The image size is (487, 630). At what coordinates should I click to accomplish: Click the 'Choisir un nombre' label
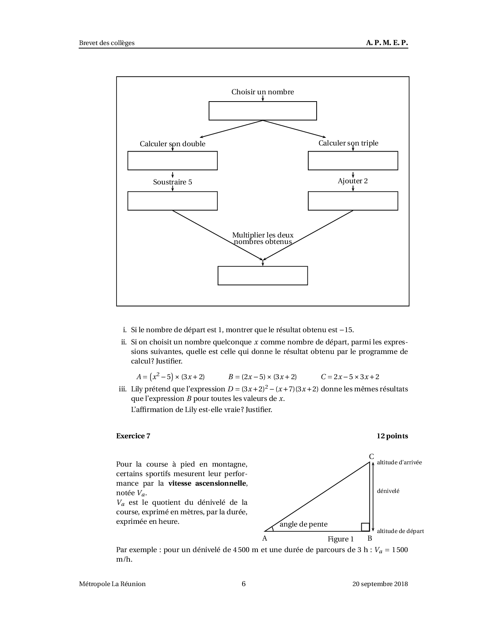(262, 92)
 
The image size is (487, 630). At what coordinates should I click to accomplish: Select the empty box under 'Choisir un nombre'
(262, 111)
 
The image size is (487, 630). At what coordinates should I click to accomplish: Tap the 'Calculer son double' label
(172, 144)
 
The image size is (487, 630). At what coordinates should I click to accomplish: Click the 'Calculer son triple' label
(348, 143)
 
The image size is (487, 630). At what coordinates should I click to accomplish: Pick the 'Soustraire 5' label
(172, 182)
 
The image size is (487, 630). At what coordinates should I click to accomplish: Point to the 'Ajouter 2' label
(353, 181)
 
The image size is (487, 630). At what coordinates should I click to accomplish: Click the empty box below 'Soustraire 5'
(172, 201)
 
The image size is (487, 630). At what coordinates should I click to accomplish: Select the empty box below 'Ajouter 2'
(353, 201)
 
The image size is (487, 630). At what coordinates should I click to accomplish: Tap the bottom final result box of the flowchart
(262, 276)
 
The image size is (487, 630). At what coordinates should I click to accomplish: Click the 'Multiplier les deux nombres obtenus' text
(263, 239)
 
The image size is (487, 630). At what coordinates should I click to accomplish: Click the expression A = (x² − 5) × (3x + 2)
(170, 377)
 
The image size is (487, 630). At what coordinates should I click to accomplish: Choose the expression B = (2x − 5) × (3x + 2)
(262, 377)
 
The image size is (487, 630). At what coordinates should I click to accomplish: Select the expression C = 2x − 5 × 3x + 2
(350, 377)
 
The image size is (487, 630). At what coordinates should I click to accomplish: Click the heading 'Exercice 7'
(133, 436)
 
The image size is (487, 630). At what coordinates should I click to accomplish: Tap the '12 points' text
(392, 436)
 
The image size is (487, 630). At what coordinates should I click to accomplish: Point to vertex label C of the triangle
(371, 457)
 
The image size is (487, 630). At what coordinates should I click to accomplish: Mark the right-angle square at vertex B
(365, 527)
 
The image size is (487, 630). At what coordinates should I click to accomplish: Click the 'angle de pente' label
(304, 524)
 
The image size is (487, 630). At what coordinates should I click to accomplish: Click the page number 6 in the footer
(244, 584)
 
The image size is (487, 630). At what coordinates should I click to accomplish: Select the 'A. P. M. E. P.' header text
(387, 43)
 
